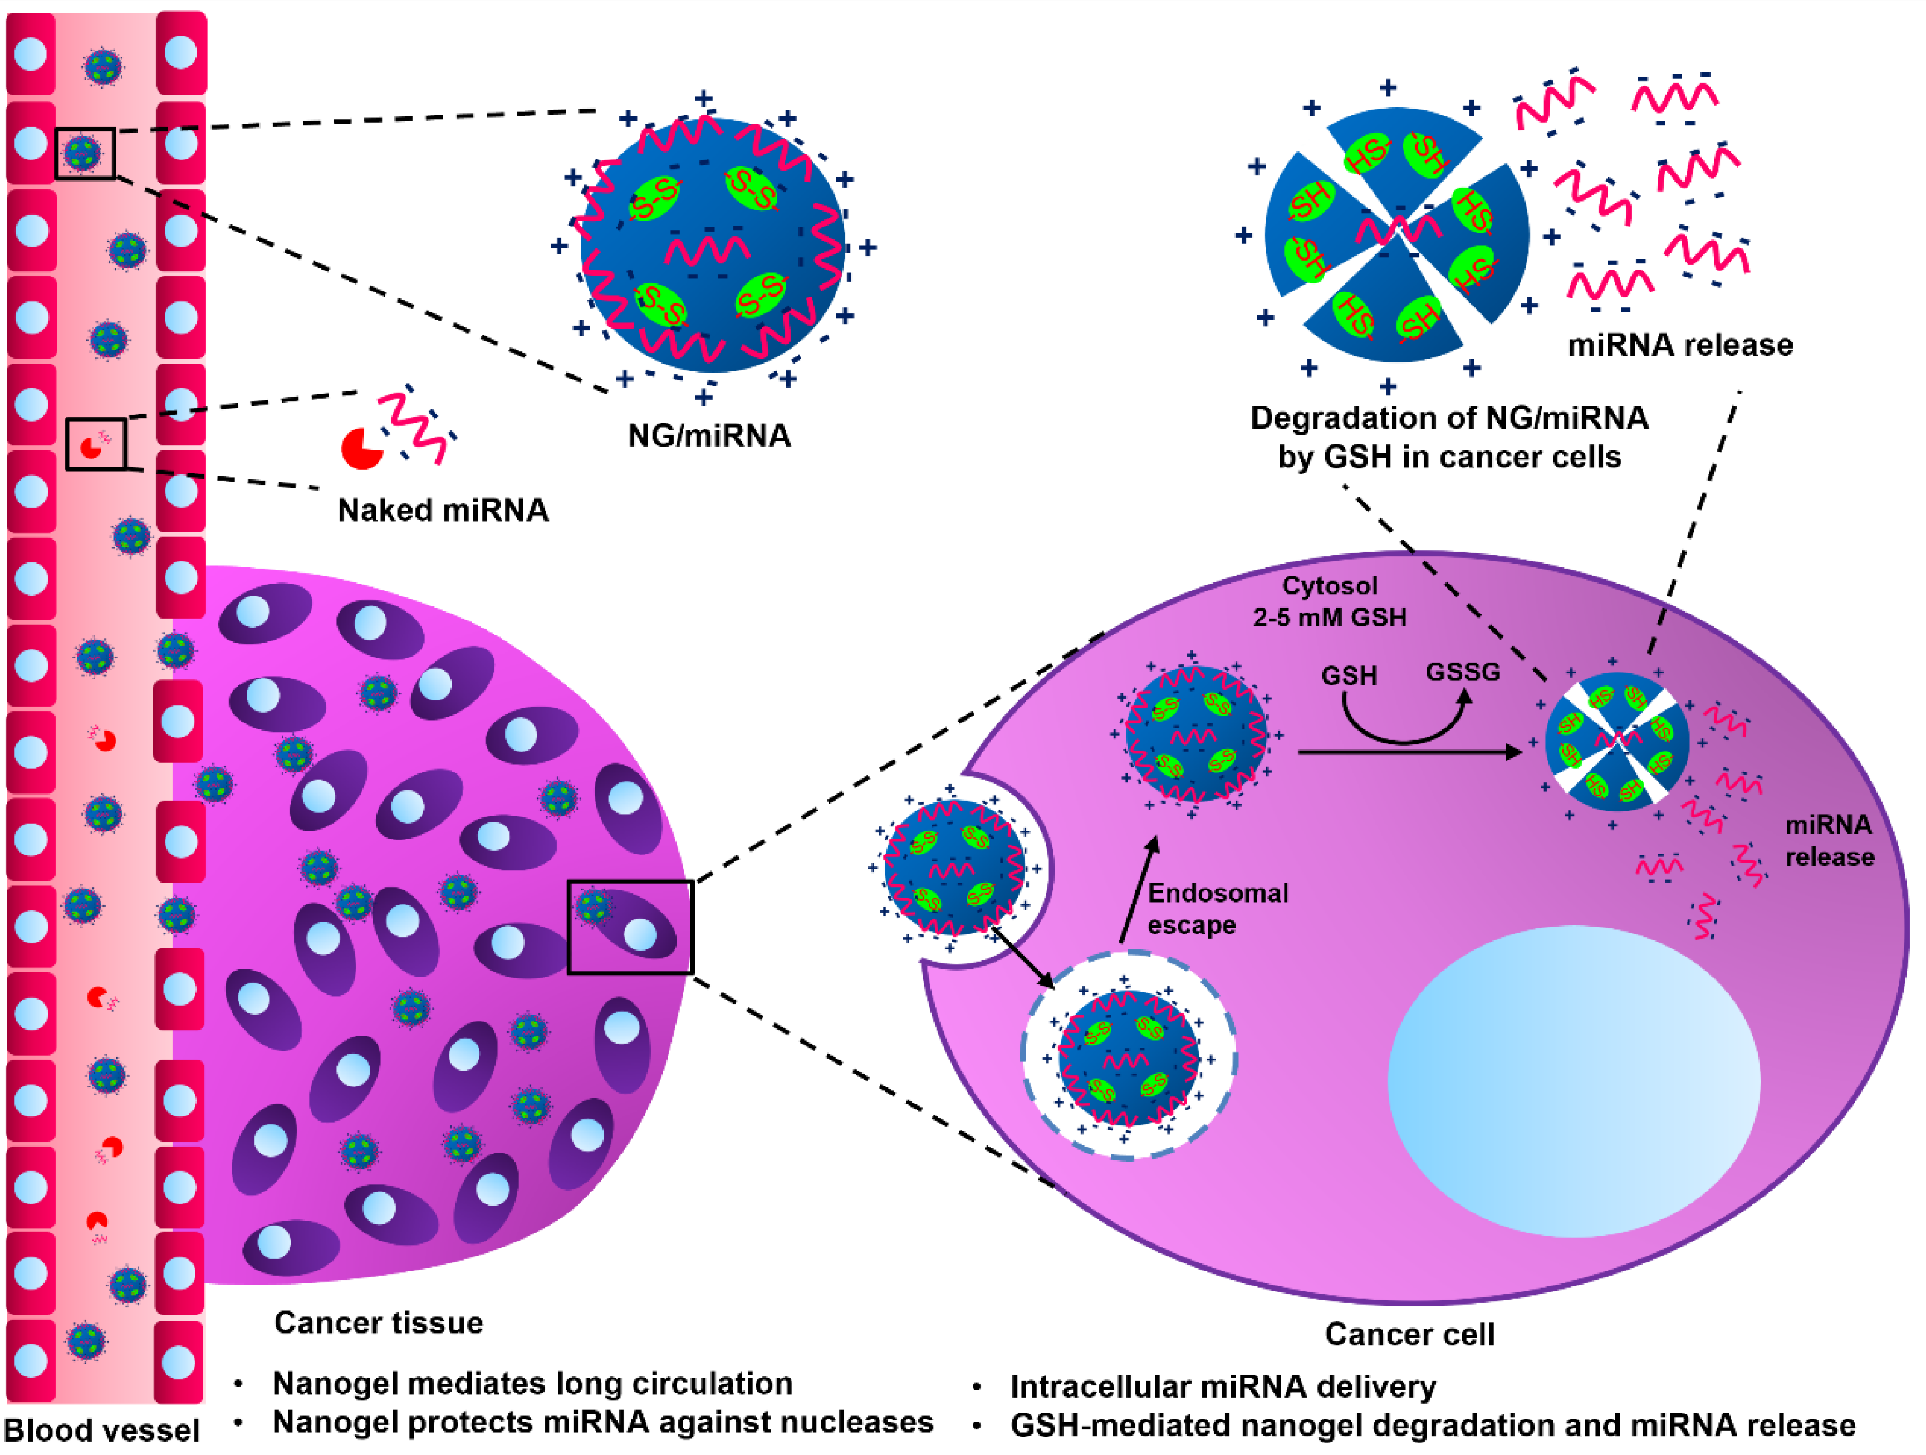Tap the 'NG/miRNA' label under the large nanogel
[x=709, y=436]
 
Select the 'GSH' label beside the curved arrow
[x=1349, y=677]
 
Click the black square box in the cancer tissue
[x=630, y=927]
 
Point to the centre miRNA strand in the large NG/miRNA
[x=707, y=250]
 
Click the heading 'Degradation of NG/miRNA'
[x=1449, y=419]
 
